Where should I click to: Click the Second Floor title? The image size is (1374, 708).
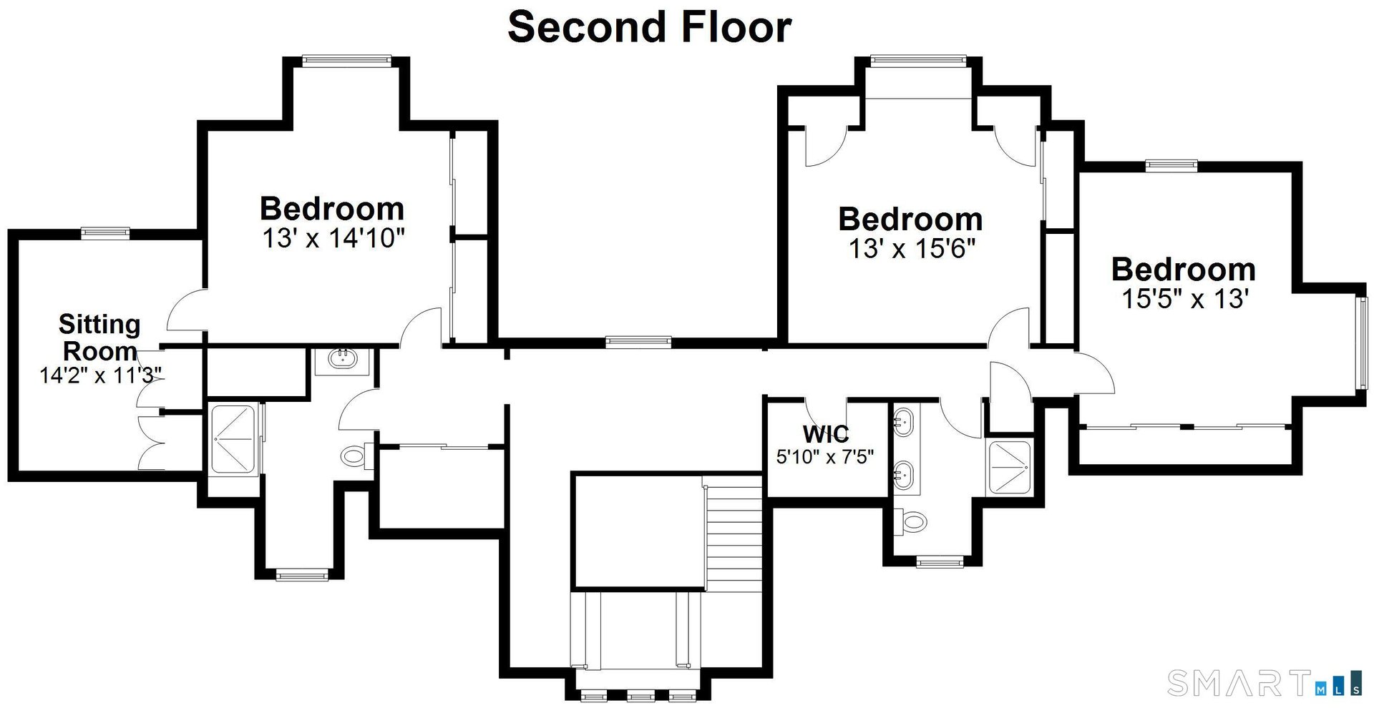649,27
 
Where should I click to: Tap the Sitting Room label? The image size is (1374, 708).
99,337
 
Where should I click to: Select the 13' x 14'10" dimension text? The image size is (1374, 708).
333,238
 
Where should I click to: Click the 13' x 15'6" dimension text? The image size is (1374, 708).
912,249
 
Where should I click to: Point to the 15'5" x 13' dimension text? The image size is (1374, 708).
1184,299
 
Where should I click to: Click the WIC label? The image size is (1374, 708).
825,434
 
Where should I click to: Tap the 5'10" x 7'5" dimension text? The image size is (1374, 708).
825,456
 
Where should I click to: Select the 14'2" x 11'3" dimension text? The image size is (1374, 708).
100,375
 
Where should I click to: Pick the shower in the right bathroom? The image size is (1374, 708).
1009,467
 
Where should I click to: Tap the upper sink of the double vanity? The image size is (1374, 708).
904,422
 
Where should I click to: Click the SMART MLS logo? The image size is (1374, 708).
1263,683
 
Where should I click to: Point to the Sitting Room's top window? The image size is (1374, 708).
105,232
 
